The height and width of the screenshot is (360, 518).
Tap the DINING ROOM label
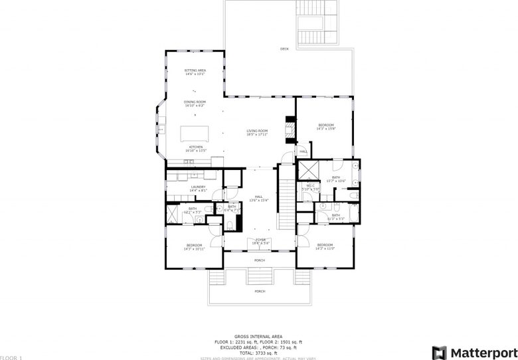tap(195, 103)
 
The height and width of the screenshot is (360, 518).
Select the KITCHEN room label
tap(196, 148)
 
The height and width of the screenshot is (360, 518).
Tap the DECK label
tap(284, 49)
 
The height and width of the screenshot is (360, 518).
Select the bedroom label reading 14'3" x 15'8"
tap(325, 126)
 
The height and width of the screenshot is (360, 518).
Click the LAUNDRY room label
tap(199, 189)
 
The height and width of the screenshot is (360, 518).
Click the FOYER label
tap(260, 240)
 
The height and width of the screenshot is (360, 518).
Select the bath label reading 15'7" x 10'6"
tap(336, 179)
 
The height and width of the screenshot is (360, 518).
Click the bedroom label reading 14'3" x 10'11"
tap(194, 247)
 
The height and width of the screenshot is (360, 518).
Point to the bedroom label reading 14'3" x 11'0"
tap(325, 246)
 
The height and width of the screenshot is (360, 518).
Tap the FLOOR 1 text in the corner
tap(11, 357)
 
